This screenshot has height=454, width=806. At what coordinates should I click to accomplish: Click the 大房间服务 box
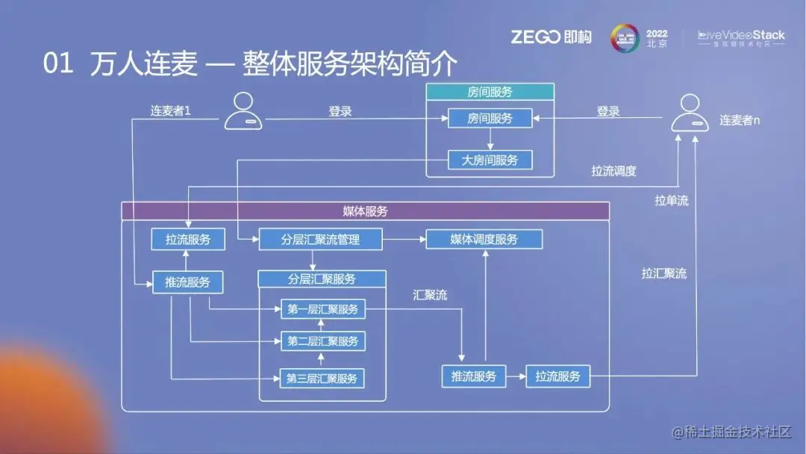(490, 160)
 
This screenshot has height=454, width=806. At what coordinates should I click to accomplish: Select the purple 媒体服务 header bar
(365, 211)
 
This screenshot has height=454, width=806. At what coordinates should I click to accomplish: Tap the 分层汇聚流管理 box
(320, 240)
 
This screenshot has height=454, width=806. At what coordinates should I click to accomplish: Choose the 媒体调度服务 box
(484, 240)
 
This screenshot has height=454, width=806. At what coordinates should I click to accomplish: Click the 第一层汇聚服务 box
(322, 309)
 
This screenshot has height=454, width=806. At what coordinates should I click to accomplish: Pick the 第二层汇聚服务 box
(322, 341)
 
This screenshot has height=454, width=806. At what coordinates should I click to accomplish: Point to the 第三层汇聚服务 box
(322, 378)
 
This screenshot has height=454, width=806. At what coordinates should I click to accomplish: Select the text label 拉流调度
(613, 171)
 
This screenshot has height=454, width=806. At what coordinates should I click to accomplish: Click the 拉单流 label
(671, 201)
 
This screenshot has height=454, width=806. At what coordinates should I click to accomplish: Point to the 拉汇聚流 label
(663, 273)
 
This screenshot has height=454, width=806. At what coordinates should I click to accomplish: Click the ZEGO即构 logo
(551, 37)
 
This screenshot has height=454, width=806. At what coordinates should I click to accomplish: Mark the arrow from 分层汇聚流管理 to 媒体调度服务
(404, 240)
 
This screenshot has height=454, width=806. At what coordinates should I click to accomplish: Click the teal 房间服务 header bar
(490, 93)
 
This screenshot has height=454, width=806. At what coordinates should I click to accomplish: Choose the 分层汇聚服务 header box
(322, 279)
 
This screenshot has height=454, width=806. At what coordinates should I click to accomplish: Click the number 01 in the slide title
(58, 64)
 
